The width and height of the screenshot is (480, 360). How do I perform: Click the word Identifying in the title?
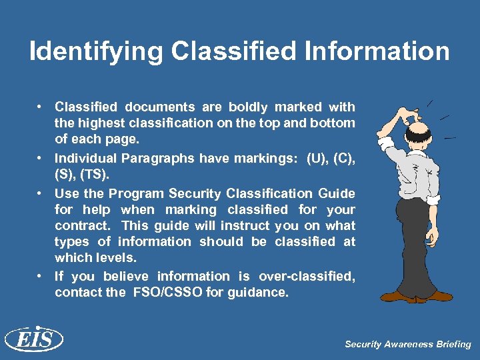(95, 51)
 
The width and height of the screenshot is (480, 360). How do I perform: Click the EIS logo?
(33, 340)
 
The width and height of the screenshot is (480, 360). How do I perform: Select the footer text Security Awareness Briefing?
(407, 345)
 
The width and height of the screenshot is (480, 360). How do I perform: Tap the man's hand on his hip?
(433, 199)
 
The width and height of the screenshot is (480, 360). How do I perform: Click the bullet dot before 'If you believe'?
(41, 275)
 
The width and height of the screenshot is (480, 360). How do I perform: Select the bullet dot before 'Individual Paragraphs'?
(41, 158)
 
